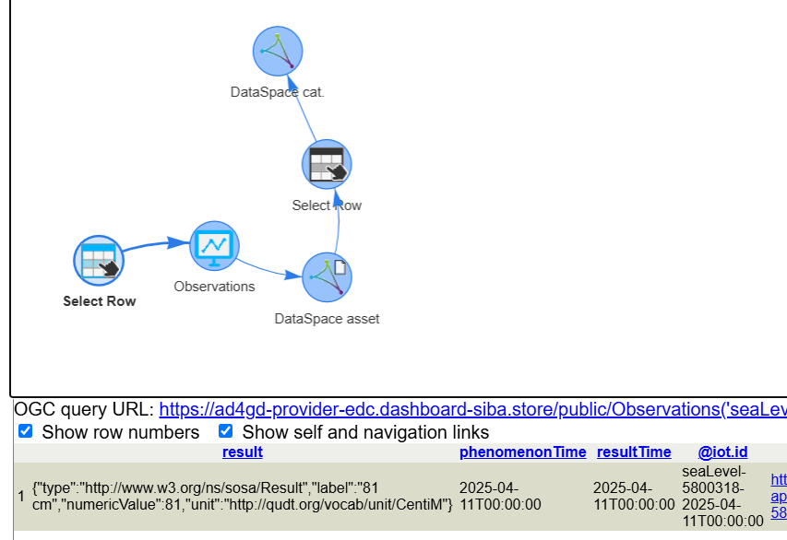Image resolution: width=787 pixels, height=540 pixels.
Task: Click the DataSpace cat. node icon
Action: coord(278,51)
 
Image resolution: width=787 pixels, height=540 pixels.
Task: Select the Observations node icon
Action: coord(214,246)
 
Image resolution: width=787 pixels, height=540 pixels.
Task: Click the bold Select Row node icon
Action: coord(99,260)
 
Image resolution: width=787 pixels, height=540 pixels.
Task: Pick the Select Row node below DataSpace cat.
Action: coord(327,165)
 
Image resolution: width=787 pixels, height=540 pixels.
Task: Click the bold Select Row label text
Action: coord(99,301)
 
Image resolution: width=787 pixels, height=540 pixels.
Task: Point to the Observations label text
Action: coord(214,287)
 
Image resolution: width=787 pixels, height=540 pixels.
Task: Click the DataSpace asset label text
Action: coord(327,319)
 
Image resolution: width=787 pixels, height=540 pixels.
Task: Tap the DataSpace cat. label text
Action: coord(278,92)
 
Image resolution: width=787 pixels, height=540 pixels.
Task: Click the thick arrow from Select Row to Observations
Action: coord(148,247)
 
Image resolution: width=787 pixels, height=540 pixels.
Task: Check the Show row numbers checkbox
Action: coord(26,431)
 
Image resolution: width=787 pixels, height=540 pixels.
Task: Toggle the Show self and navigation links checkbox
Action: coord(225,431)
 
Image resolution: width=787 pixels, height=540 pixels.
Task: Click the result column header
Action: coord(242,452)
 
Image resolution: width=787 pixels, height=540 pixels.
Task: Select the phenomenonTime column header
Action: coord(522,452)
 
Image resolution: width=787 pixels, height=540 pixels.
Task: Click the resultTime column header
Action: coord(634,452)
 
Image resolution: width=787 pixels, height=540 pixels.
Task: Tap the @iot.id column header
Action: coord(722,452)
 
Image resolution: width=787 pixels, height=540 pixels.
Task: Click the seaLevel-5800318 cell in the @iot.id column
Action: coord(722,496)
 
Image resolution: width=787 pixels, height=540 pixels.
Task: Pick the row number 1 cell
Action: coord(21,496)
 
